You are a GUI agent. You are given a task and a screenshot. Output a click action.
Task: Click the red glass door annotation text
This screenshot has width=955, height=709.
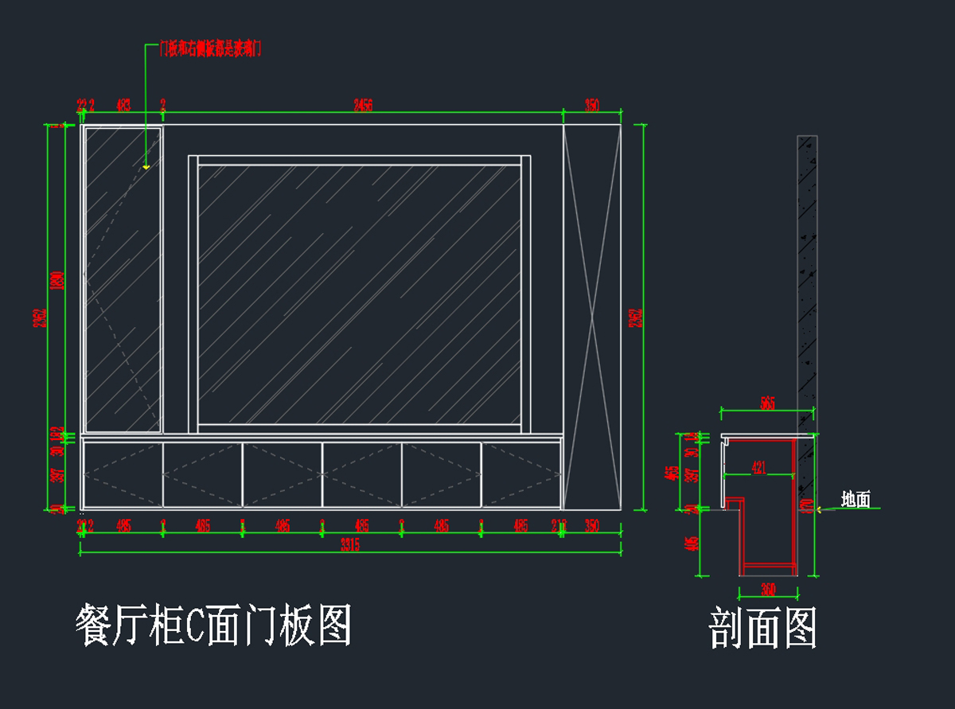pos(210,49)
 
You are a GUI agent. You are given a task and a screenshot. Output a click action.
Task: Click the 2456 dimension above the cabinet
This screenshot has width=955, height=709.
pos(363,105)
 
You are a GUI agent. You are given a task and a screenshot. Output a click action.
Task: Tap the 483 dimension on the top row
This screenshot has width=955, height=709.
pos(124,105)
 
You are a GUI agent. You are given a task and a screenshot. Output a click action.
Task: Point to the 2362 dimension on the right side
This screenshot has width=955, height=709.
pos(636,317)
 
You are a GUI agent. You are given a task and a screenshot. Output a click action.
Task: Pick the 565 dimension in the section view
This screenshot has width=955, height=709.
pos(766,403)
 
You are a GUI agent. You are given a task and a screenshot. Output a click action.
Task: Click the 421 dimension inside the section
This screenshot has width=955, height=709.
pos(759,469)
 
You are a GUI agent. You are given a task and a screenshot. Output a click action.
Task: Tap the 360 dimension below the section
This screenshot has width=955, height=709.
pos(767,590)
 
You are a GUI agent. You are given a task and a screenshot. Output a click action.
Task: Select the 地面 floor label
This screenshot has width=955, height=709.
pos(856,500)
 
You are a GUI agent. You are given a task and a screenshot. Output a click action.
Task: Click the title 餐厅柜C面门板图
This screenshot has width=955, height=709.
pos(213,625)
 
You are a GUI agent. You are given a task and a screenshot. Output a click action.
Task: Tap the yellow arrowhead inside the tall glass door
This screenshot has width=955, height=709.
pos(146,167)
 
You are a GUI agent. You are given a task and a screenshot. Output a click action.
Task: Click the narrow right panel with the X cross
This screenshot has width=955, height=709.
pos(591,317)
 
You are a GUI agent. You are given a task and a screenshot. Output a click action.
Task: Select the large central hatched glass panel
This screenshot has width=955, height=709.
pos(359,294)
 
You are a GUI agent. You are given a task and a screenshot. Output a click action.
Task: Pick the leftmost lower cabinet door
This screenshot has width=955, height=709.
pos(123,475)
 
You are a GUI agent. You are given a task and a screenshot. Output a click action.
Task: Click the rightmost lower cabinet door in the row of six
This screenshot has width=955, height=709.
pos(521,475)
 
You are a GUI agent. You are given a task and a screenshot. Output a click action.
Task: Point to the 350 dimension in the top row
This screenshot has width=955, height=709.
pos(591,105)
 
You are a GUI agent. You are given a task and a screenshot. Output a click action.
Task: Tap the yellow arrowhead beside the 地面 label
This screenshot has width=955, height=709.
pos(821,509)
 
